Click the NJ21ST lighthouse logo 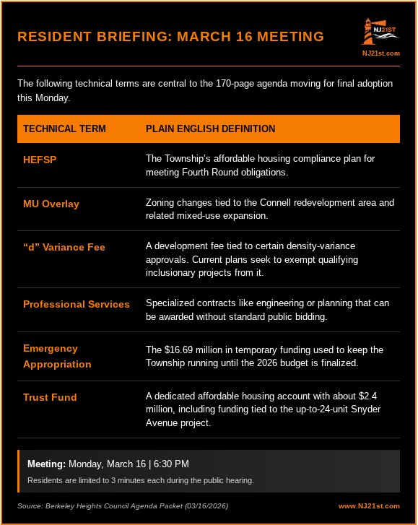click(x=380, y=33)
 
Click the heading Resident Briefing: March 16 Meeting click(x=170, y=37)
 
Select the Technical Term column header click(x=64, y=129)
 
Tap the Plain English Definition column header click(x=210, y=129)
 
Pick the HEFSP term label click(x=39, y=160)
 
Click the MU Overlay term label click(x=51, y=204)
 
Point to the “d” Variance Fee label click(x=64, y=247)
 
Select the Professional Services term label click(x=77, y=304)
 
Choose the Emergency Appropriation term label click(x=57, y=356)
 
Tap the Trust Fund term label click(x=50, y=397)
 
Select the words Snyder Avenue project click(x=179, y=423)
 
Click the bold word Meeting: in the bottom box click(x=46, y=464)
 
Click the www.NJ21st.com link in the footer click(x=369, y=506)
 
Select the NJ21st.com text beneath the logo click(x=380, y=53)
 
